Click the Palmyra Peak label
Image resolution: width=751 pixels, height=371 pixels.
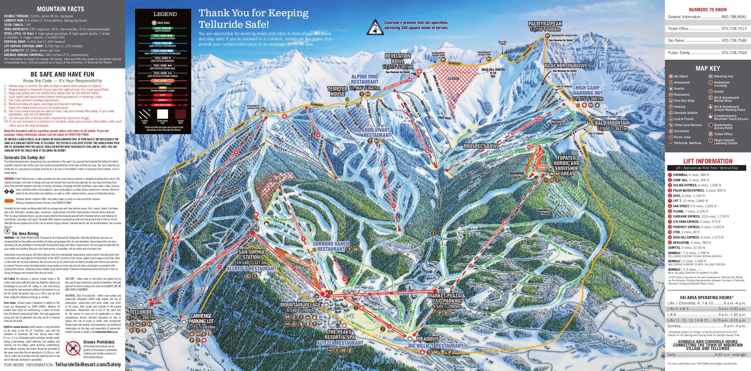(x=545, y=24)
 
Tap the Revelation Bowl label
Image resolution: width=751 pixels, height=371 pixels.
(x=397, y=58)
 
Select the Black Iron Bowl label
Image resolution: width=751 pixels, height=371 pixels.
(x=566, y=66)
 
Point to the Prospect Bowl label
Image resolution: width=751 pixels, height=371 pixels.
(x=481, y=146)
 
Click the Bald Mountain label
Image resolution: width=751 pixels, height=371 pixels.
(x=612, y=123)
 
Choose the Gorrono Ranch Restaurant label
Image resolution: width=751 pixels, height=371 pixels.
(x=331, y=246)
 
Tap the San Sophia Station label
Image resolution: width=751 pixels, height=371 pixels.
(x=251, y=254)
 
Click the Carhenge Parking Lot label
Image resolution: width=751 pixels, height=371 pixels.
(x=201, y=318)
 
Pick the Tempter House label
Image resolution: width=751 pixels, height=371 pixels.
(x=337, y=91)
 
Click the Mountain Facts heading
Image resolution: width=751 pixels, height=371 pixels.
(x=60, y=9)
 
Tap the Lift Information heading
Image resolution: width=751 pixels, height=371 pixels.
(x=708, y=161)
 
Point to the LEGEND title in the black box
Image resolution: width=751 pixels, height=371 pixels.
(x=165, y=14)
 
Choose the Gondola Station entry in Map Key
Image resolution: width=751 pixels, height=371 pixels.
(x=685, y=113)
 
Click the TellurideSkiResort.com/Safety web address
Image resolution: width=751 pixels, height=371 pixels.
(x=88, y=364)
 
